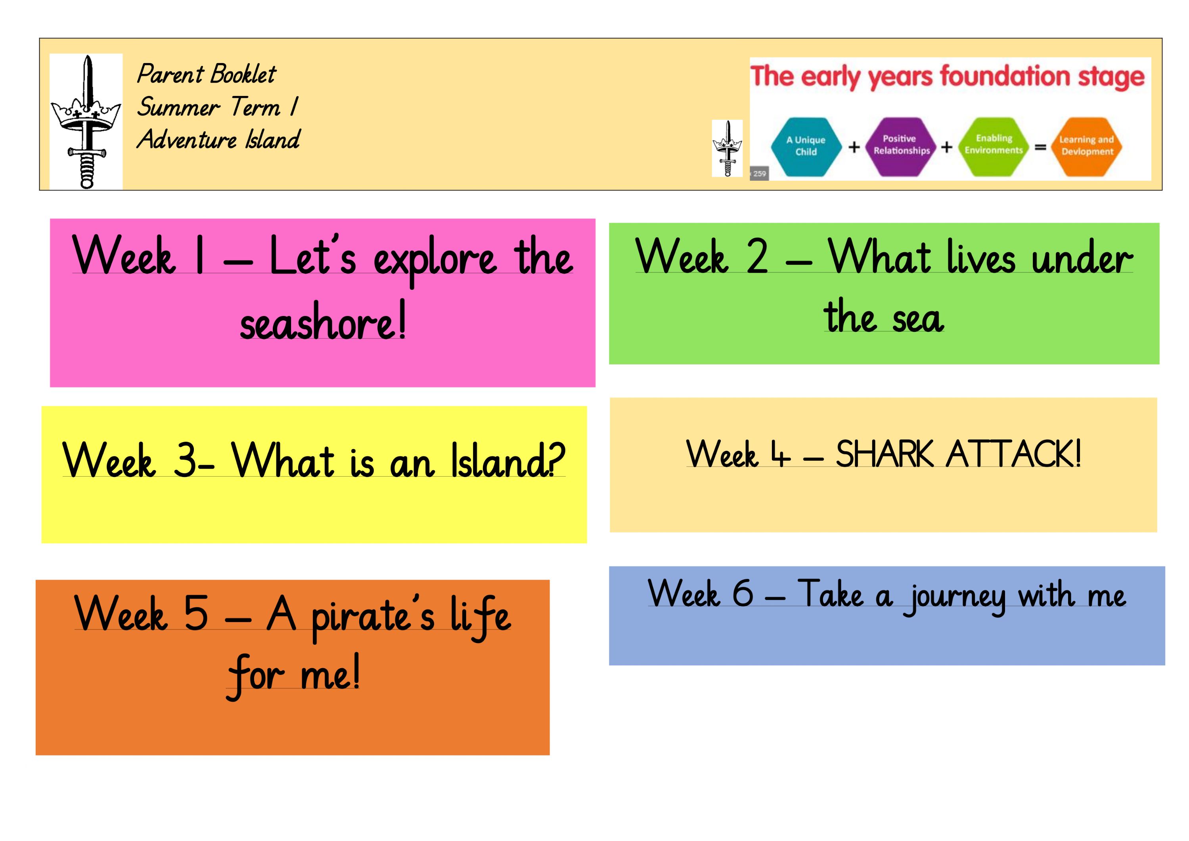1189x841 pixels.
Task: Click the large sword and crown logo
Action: pyautogui.click(x=86, y=121)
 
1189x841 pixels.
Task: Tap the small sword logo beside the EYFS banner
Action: pyautogui.click(x=727, y=148)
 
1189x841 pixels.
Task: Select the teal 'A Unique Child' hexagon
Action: pyautogui.click(x=806, y=147)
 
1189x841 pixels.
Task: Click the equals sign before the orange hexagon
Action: pyautogui.click(x=1040, y=148)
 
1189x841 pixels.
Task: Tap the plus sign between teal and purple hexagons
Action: pyautogui.click(x=854, y=148)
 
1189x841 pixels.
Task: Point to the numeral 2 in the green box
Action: pyautogui.click(x=756, y=257)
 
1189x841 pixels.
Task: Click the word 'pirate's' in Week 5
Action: pyautogui.click(x=373, y=616)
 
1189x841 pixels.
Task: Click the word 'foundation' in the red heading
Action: pyautogui.click(x=1005, y=77)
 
